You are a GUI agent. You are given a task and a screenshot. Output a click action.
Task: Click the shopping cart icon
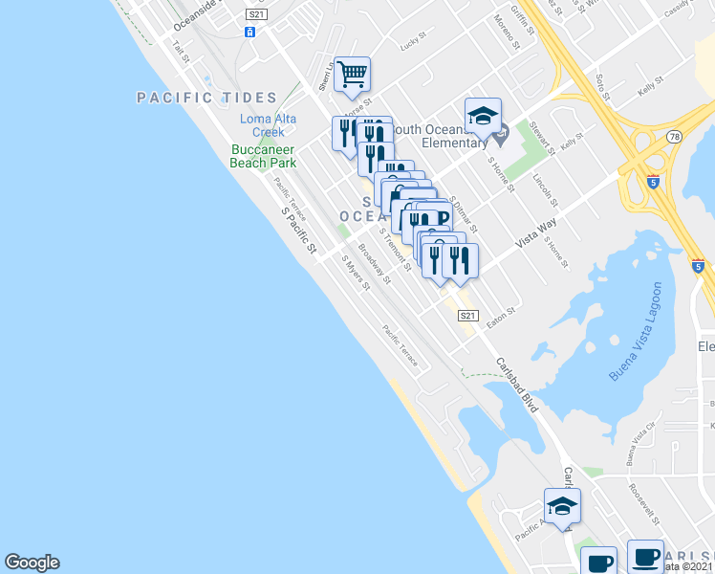click(352, 74)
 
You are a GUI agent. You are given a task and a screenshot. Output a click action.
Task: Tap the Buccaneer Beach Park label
click(262, 156)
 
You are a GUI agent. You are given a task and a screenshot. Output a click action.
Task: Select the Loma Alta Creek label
click(268, 125)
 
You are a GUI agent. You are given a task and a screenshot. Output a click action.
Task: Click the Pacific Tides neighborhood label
click(206, 98)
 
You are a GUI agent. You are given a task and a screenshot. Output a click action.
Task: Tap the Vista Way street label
click(536, 233)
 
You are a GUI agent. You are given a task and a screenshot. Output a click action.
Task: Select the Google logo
click(32, 563)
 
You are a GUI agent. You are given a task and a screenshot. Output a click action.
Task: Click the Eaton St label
click(501, 314)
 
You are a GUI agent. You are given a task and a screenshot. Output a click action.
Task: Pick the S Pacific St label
click(298, 231)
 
